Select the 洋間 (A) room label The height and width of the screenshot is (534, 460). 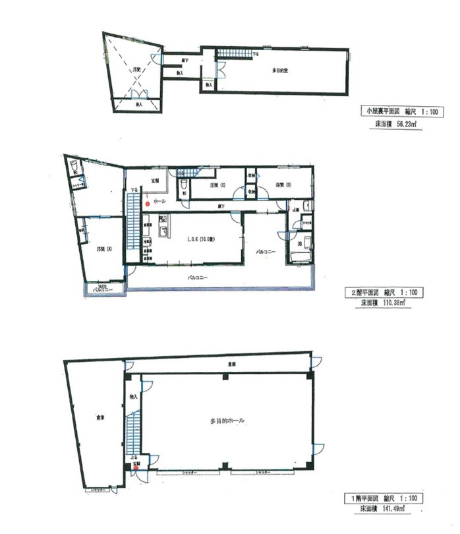pos(101,250)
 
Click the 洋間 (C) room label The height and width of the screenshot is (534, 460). pos(219,186)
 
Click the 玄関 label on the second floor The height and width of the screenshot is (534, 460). pos(156,180)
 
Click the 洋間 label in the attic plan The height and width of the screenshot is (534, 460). pos(137,69)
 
